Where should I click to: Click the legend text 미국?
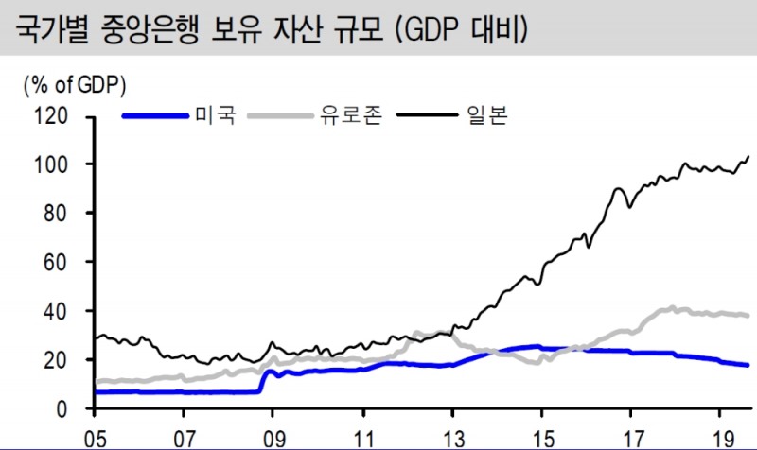215,117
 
